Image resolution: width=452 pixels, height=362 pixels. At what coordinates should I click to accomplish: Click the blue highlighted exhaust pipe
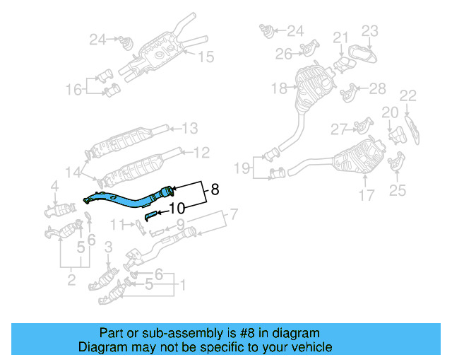point(127,199)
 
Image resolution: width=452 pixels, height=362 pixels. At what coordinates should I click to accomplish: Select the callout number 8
point(214,189)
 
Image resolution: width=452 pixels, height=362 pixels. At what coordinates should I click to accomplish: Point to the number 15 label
point(205,57)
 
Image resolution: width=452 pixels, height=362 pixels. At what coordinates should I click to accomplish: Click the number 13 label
point(190,129)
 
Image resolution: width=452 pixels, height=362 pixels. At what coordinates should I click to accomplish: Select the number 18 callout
point(278,88)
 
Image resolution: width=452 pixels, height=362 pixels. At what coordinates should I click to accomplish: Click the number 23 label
point(370,30)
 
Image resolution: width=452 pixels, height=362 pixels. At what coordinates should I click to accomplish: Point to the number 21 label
point(341,37)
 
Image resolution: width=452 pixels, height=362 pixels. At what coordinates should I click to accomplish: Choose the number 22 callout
point(408,95)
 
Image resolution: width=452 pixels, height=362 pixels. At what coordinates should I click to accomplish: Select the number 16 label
point(73,90)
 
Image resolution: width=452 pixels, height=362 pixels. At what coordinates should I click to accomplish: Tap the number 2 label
point(71,281)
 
